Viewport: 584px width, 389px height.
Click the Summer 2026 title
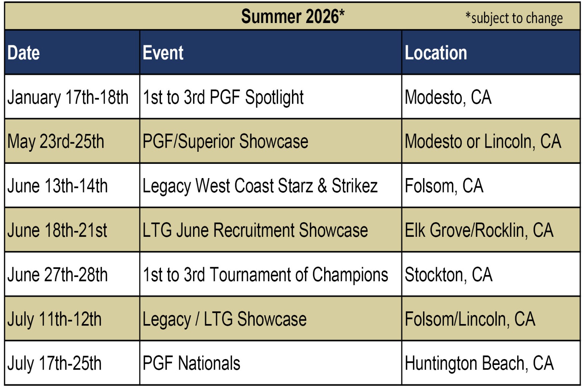293,16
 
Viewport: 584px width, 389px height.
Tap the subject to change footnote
514,18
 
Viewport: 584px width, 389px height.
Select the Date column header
23,53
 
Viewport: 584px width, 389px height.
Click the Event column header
163,53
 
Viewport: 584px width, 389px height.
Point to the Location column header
436,53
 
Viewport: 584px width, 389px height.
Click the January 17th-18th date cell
68,97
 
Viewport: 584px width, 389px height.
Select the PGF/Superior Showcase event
225,142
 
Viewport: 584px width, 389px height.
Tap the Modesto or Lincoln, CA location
483,142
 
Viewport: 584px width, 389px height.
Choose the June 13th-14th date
57,186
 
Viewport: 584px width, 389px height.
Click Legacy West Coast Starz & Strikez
260,186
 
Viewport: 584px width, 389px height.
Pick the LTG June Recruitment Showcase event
255,230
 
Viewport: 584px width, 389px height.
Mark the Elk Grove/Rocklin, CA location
479,230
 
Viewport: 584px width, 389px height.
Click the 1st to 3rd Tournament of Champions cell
265,275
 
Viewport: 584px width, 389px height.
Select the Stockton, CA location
449,275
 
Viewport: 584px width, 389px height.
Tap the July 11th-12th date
54,319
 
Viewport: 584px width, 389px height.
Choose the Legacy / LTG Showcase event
224,319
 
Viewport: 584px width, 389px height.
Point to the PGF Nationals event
191,363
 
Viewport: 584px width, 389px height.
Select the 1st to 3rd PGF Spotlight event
223,97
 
